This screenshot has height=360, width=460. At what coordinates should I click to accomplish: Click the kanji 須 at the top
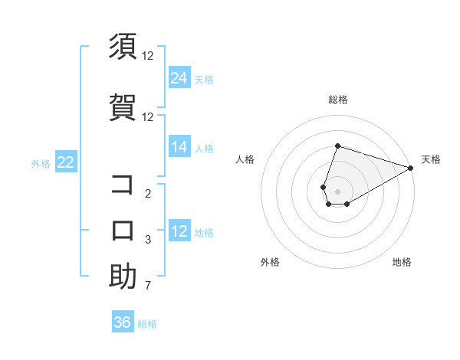pyautogui.click(x=123, y=47)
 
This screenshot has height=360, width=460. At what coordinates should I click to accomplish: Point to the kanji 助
pyautogui.click(x=123, y=277)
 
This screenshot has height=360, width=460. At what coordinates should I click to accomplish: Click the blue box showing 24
pyautogui.click(x=179, y=77)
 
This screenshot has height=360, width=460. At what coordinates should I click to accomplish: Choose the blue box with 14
pyautogui.click(x=179, y=147)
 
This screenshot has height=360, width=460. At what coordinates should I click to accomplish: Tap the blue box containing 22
pyautogui.click(x=66, y=162)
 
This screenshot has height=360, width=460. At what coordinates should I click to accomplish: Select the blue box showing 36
pyautogui.click(x=123, y=322)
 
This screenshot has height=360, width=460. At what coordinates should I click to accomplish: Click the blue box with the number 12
pyautogui.click(x=179, y=231)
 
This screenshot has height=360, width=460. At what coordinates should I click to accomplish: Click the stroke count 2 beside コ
pyautogui.click(x=148, y=194)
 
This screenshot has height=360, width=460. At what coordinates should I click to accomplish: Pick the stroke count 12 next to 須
pyautogui.click(x=148, y=55)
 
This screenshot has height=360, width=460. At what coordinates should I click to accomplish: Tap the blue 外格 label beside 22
pyautogui.click(x=41, y=163)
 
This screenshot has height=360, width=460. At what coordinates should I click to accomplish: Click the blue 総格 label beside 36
pyautogui.click(x=147, y=323)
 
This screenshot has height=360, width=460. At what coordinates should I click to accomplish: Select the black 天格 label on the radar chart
pyautogui.click(x=431, y=159)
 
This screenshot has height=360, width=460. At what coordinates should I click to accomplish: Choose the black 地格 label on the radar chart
pyautogui.click(x=402, y=262)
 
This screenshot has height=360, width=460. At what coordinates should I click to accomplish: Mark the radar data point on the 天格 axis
pyautogui.click(x=410, y=168)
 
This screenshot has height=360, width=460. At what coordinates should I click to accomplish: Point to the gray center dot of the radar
pyautogui.click(x=337, y=189)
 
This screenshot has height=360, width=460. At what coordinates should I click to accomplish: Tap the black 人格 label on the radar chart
pyautogui.click(x=245, y=159)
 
